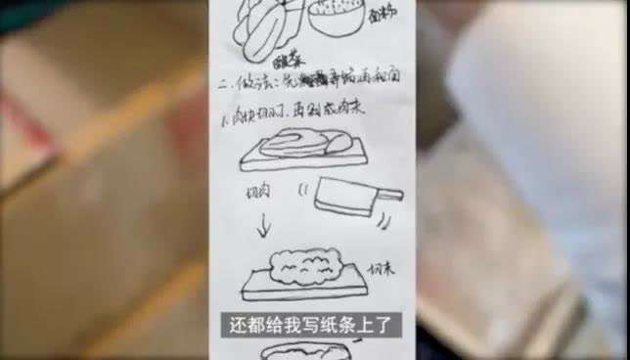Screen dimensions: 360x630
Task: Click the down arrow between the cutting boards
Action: click(264, 228)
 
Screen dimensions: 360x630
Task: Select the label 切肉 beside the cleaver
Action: click(257, 195)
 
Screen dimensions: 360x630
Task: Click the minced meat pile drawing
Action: click(303, 264)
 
